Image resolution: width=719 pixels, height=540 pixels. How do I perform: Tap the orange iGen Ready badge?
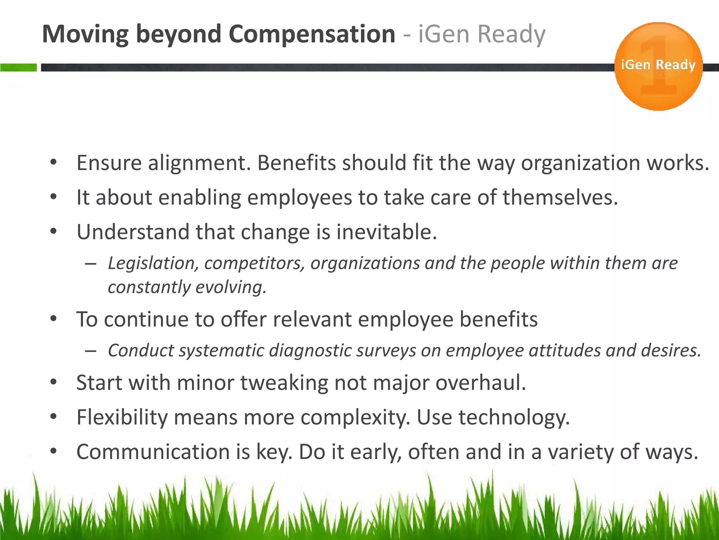pos(658,66)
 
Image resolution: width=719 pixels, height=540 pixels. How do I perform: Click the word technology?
pos(514,418)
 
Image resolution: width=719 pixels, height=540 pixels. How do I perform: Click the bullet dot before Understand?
pos(53,232)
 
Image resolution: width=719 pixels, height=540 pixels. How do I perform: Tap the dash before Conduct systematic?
pos(91,351)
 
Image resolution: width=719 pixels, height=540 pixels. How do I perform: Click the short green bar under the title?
pos(18,67)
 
